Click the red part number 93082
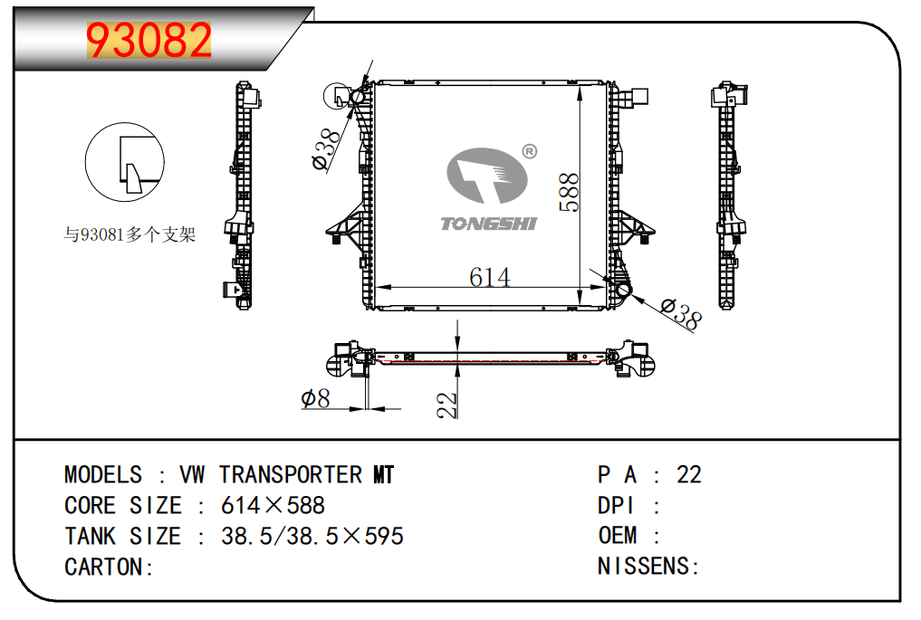[149, 40]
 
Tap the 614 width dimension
[489, 276]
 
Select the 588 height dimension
[569, 193]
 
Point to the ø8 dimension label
[314, 398]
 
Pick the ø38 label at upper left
[327, 148]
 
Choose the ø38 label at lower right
[680, 314]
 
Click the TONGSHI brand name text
[488, 223]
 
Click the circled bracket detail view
[125, 163]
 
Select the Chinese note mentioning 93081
[129, 235]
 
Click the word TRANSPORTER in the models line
[290, 474]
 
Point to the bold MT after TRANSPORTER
[383, 474]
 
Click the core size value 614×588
[273, 505]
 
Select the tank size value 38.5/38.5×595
[312, 536]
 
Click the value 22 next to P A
[688, 474]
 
